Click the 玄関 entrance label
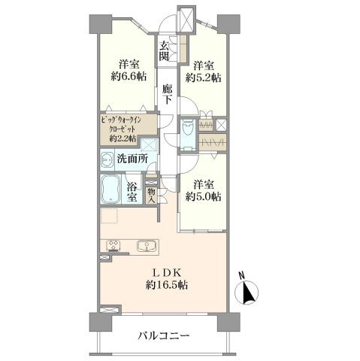point(165,51)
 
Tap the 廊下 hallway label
point(167,94)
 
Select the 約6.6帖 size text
point(129,77)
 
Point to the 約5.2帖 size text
point(203,78)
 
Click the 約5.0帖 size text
point(203,197)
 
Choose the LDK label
point(167,273)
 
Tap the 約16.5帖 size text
point(167,285)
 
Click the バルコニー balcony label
point(163,335)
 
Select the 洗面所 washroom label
point(132,159)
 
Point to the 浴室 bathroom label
point(132,192)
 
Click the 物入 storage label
point(151,196)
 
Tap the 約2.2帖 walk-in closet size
point(123,138)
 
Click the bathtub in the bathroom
point(110,189)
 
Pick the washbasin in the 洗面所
point(107,159)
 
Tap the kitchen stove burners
point(113,245)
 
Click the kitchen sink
point(147,245)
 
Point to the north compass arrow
point(247,293)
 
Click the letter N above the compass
point(241,275)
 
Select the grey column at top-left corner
point(101,24)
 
